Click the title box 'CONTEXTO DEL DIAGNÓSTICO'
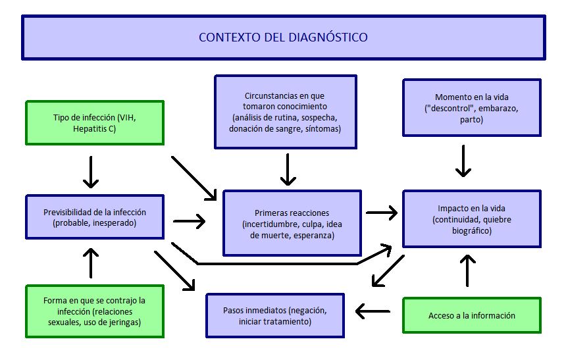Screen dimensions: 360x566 [283, 38]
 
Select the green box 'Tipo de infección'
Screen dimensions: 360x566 [95, 122]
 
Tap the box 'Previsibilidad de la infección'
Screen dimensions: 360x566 [95, 217]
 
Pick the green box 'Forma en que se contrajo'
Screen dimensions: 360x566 [95, 311]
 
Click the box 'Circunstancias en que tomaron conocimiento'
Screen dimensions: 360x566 [285, 111]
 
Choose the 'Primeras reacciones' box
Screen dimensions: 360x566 [292, 223]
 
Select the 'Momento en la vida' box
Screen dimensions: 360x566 [471, 108]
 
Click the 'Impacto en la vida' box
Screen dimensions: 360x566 [471, 219]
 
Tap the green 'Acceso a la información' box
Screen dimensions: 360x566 [471, 315]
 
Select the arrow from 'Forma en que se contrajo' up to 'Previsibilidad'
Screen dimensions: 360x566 [91, 263]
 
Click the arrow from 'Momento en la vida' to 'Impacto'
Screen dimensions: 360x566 [464, 161]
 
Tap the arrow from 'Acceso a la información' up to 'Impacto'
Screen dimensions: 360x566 [467, 270]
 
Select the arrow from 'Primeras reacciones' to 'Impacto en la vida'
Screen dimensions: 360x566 [381, 213]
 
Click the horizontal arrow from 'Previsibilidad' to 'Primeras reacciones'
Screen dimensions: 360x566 [189, 221]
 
